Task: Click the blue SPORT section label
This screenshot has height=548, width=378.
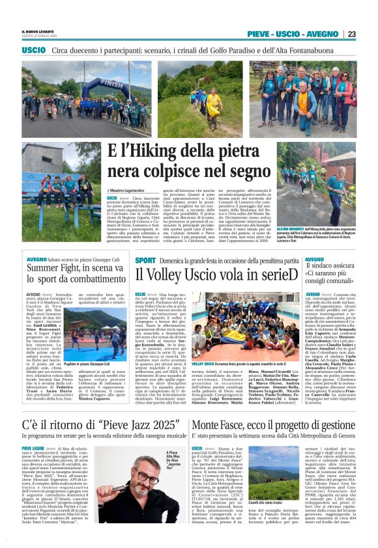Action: click(145, 260)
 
